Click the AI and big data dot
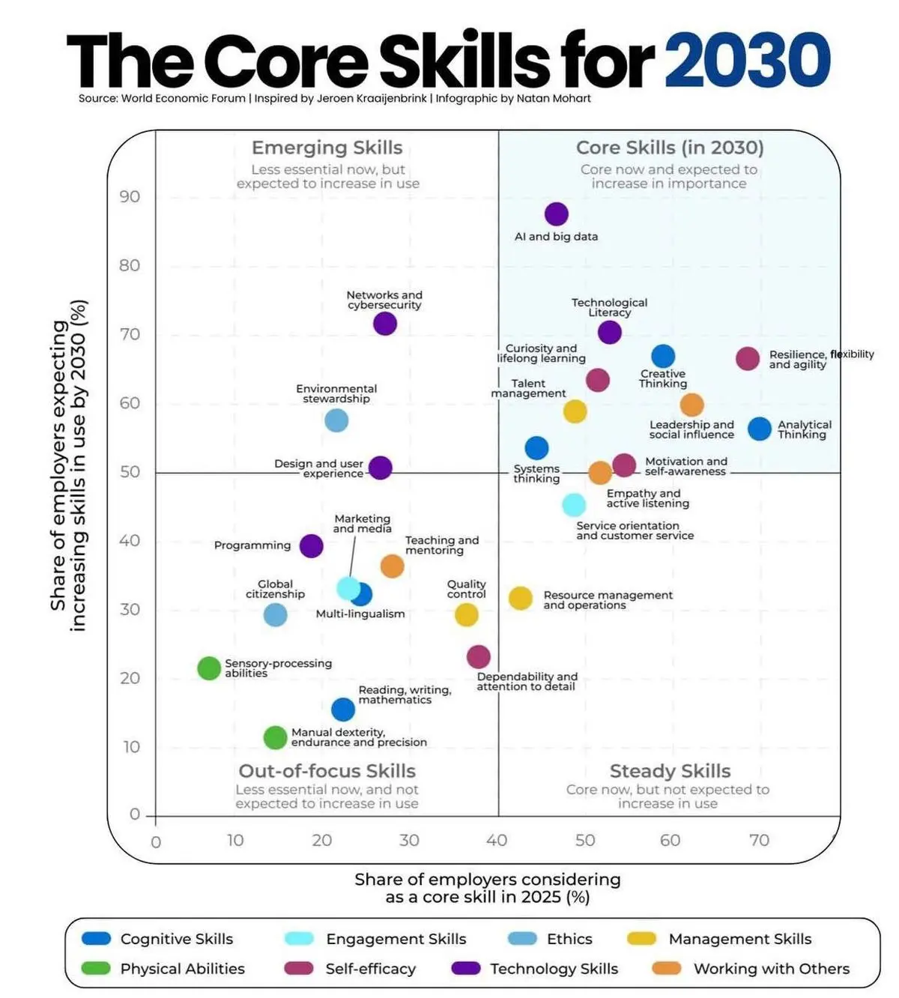point(556,214)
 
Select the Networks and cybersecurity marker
point(384,324)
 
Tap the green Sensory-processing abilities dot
point(209,668)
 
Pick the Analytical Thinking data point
point(760,429)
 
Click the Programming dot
point(311,545)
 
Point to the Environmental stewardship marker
point(336,420)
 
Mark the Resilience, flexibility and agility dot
point(747,359)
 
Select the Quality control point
point(466,614)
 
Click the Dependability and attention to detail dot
point(478,657)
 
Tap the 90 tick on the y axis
point(130,196)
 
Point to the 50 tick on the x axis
point(585,840)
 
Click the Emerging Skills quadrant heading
point(327,148)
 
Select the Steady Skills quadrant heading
point(670,771)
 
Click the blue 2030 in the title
point(747,60)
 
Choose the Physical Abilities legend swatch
point(96,968)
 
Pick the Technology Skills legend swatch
point(465,968)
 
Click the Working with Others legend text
point(771,969)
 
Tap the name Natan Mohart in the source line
point(554,98)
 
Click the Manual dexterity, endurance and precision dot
point(275,737)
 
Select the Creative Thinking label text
point(663,378)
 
